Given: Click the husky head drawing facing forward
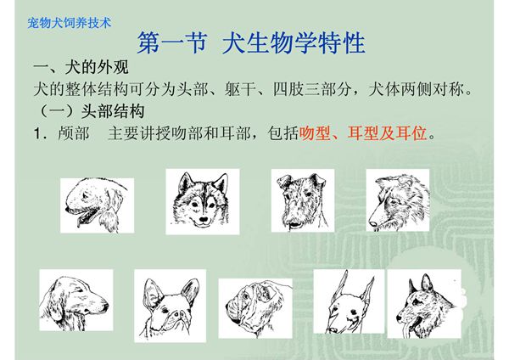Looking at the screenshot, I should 202,200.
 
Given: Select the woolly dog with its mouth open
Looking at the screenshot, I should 97,205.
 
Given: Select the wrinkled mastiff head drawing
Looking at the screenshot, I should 255,307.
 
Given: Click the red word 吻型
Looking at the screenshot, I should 315,134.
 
